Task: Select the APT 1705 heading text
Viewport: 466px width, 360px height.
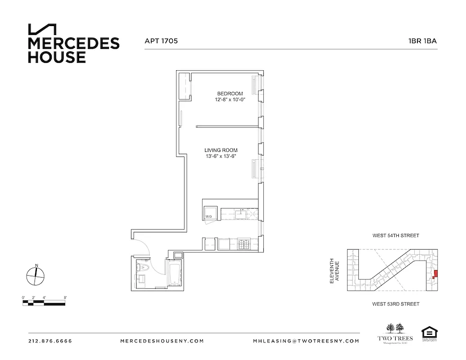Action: pos(161,40)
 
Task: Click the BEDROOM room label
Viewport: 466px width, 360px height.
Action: pos(230,94)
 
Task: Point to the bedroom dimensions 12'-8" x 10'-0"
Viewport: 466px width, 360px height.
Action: pos(230,100)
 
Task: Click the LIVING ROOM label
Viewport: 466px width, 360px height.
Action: pos(221,150)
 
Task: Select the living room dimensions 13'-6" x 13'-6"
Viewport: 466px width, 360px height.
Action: pos(221,157)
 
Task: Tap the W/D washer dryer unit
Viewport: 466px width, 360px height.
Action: pos(210,213)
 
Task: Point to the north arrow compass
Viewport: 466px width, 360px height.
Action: pos(36,274)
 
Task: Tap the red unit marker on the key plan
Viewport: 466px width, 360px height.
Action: pos(434,274)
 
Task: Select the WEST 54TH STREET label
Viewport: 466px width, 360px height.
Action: pos(395,235)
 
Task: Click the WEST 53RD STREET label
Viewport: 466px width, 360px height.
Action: pos(395,304)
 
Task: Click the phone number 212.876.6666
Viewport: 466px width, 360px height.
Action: pos(50,341)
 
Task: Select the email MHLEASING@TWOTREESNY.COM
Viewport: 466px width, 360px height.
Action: pos(306,341)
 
